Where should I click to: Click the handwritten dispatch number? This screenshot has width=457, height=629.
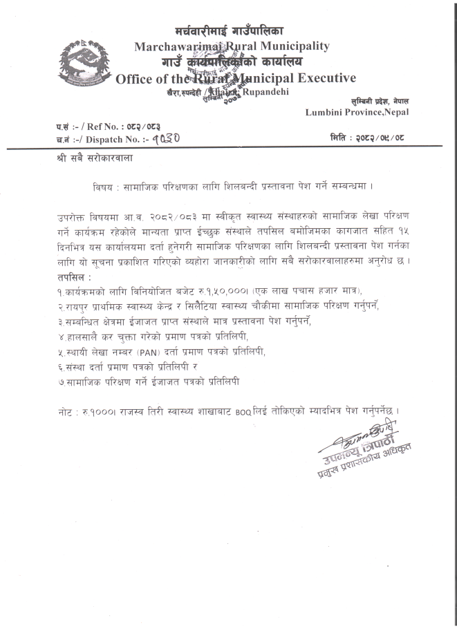tap(167, 138)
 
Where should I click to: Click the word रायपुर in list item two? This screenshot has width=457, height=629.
tap(80, 307)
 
